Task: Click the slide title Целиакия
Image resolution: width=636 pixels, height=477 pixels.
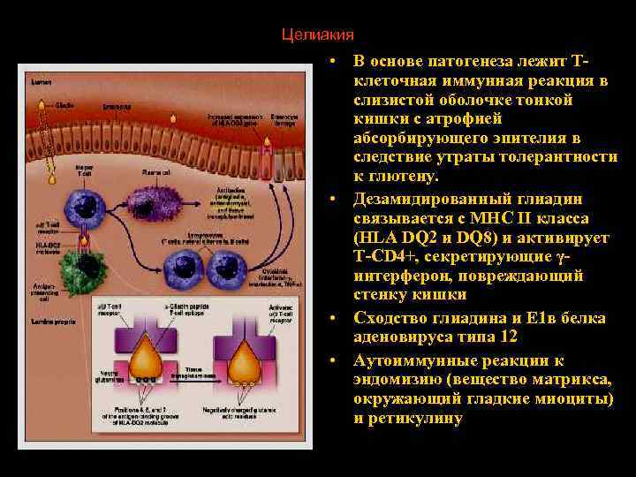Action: coord(317,34)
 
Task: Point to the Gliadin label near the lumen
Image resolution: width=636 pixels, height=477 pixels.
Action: coord(64,104)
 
